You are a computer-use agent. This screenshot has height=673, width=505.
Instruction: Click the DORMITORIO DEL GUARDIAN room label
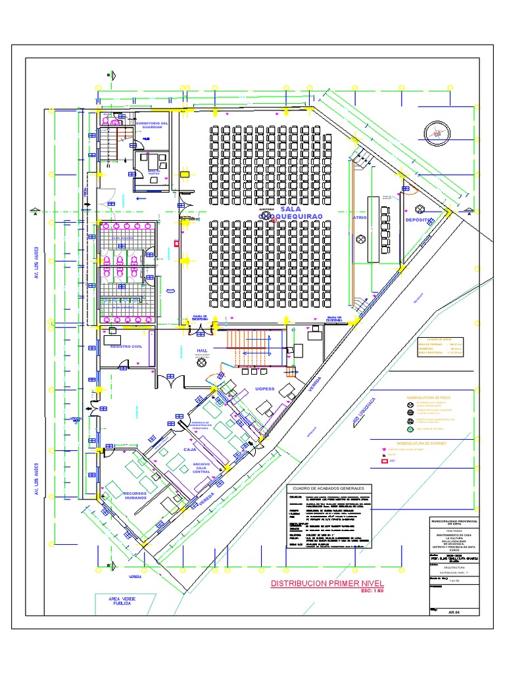[152, 124]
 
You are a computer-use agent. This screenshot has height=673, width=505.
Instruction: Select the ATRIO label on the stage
[360, 217]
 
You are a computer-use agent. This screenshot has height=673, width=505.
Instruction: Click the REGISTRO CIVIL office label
[126, 346]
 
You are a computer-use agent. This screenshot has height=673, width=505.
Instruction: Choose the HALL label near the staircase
[202, 351]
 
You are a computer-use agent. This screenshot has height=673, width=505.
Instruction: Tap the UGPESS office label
[264, 389]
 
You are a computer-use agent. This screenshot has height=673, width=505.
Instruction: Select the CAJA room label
[190, 450]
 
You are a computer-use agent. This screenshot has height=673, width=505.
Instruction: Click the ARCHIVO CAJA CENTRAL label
[201, 468]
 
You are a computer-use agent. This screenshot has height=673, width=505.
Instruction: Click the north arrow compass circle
[435, 133]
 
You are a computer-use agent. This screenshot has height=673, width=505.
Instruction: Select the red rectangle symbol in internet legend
[385, 461]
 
